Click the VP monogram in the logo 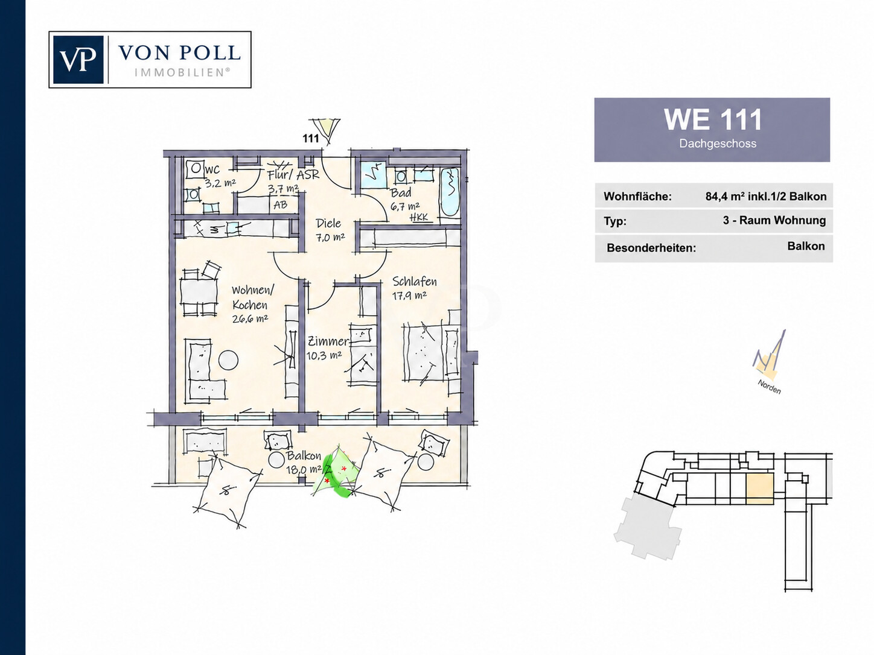pos(78,60)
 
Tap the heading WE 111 pos(712,119)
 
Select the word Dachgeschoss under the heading pos(718,144)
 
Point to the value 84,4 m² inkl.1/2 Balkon pos(766,197)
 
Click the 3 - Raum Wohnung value pos(774,220)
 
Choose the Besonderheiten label pos(651,248)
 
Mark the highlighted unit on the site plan pos(760,489)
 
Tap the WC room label pos(212,170)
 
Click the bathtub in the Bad pos(449,192)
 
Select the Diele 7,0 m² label pos(330,230)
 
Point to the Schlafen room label pos(415,282)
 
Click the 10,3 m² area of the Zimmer pos(324,355)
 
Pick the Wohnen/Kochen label pos(252,297)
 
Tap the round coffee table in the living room pos(228,360)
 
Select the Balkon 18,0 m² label pos(304,463)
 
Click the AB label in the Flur pos(280,205)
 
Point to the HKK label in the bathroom pos(419,217)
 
